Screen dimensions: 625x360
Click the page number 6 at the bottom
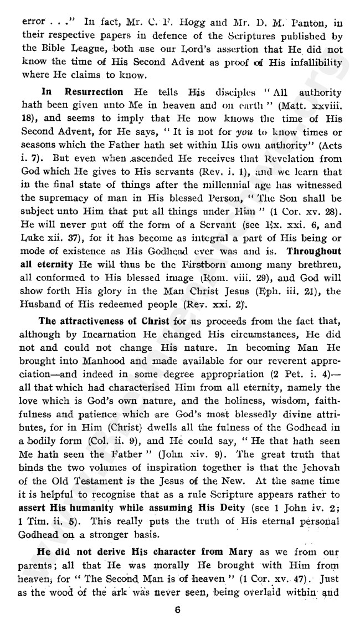coord(178,607)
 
